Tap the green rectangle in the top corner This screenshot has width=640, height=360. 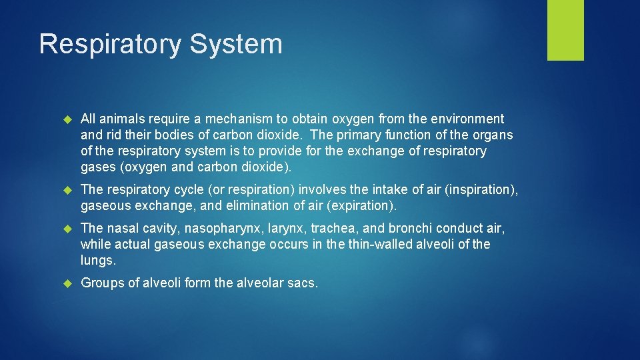pos(565,29)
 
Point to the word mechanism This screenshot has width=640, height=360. pos(237,119)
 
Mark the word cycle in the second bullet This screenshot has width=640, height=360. pos(183,189)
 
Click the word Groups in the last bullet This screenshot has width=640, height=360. pos(100,283)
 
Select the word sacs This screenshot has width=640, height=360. pos(304,283)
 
